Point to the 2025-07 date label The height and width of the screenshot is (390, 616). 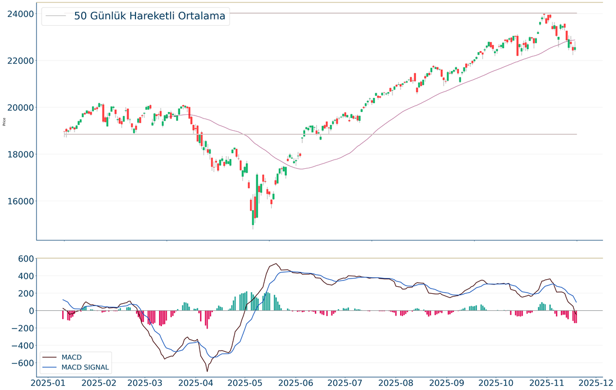click(x=350, y=382)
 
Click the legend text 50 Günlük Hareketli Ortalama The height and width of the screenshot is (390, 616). click(x=150, y=16)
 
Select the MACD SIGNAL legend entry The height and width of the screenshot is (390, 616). click(x=85, y=367)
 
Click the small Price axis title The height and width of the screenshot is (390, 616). click(x=5, y=122)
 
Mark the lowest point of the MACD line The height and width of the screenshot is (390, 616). click(x=207, y=371)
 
